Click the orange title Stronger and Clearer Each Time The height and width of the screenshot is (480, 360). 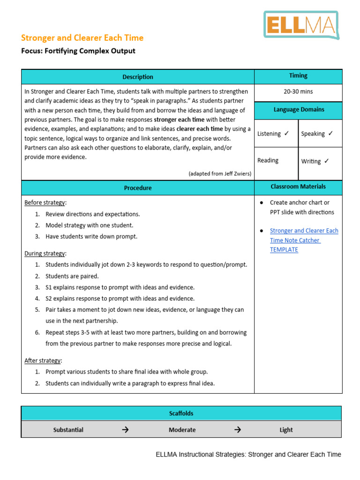pos(82,38)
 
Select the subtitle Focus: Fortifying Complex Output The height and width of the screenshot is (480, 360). pos(78,51)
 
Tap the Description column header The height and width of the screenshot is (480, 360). pos(138,77)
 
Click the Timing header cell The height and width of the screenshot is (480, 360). pos(298,75)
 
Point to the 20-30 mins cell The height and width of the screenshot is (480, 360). pos(298,91)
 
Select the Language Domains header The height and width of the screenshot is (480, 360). pos(298,110)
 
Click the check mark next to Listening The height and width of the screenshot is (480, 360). pos(286,134)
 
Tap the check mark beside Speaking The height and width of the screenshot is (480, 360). pos(330,134)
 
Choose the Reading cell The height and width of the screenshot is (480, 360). pos(268,160)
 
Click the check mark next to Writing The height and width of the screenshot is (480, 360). pos(327,161)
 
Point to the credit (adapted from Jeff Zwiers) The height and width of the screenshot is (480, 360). pos(220,173)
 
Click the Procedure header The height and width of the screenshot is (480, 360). pos(138,188)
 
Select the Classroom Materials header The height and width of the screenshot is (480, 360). pos(298,187)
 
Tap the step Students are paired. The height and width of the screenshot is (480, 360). pos(72,276)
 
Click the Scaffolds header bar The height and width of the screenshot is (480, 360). pos(181,413)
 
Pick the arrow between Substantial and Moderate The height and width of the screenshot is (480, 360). pos(125,430)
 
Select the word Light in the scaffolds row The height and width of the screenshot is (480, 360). pos(286,430)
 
